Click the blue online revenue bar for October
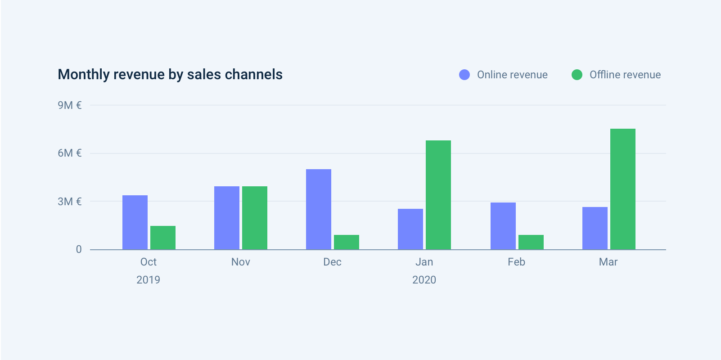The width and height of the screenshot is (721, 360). point(135,222)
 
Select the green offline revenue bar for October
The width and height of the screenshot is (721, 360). point(163,238)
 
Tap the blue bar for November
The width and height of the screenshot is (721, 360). point(227,218)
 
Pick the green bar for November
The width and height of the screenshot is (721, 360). point(255,218)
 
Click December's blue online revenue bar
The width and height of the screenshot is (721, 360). point(319,209)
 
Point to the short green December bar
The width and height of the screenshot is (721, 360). point(347,242)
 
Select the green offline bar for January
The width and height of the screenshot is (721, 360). point(438,195)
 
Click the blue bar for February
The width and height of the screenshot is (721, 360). point(503,226)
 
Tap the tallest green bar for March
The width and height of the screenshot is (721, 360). point(623,189)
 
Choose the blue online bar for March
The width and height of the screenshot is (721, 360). point(595,228)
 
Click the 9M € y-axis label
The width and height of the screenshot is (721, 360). point(70,105)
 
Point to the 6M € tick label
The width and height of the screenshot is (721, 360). point(70,153)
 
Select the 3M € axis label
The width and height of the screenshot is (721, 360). point(70,202)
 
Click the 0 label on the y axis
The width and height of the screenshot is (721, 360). point(79,250)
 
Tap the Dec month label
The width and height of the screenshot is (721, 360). point(332,262)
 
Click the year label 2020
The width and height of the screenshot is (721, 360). point(424,280)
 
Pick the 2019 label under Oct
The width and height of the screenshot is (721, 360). point(148,280)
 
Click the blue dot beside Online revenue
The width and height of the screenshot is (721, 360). point(464,75)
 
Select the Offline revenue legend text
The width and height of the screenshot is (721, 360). point(625,75)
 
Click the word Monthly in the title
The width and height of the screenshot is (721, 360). point(84,75)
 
